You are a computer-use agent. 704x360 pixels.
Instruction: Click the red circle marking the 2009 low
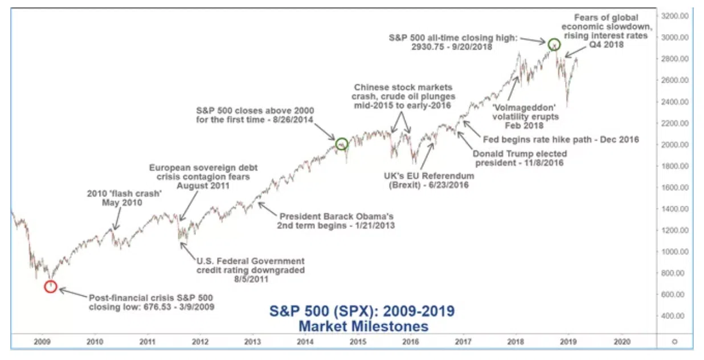coord(51,286)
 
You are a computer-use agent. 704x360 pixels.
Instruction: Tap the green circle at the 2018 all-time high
coord(553,44)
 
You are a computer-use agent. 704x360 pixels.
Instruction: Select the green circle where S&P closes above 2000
coord(341,144)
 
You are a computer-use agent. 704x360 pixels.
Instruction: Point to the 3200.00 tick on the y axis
coord(674,16)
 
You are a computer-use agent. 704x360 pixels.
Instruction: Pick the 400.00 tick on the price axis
coord(674,316)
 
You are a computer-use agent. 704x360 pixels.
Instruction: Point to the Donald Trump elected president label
coord(519,158)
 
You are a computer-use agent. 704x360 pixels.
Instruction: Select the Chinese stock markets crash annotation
coord(403,96)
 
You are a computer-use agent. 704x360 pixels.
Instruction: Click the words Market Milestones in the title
coord(363,326)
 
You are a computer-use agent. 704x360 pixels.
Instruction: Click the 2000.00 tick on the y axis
coord(674,145)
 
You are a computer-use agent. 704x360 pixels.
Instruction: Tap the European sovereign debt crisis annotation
coord(203,177)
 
